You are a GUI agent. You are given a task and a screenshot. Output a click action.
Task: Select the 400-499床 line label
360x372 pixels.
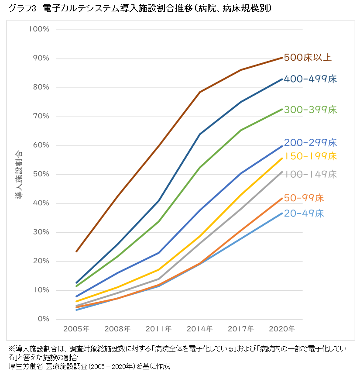pos(310,79)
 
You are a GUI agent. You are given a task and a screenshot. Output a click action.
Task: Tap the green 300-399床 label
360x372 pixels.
pos(310,110)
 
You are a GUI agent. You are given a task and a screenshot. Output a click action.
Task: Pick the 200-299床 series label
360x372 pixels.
pos(310,143)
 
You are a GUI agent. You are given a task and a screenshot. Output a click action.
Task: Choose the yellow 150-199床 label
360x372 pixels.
pos(310,156)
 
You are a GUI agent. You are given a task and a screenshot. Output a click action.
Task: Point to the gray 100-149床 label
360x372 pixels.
pos(310,174)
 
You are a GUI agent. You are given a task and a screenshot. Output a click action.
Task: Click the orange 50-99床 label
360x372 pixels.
pos(304,198)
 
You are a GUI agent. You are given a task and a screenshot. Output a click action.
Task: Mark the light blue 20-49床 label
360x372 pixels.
pos(304,214)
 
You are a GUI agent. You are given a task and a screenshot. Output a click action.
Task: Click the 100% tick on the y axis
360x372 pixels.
pos(39,29)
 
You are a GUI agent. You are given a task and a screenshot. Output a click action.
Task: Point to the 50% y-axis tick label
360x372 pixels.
pos(41,174)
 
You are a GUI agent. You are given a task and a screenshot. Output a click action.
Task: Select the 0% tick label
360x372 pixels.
pos(43,319)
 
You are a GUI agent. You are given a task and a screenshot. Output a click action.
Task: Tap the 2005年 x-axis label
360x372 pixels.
pos(76,329)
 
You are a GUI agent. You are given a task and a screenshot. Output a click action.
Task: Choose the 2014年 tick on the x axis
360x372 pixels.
pos(200,329)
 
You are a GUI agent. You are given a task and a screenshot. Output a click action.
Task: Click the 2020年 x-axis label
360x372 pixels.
pos(282,329)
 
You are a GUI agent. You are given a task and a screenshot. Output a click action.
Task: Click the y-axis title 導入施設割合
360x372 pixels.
pos(19,175)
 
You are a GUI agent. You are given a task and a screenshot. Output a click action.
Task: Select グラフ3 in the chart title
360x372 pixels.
pos(21,9)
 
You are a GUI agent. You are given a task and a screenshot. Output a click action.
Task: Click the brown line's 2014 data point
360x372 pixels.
pos(200,92)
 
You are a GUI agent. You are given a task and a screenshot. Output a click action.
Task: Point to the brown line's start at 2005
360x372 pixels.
pos(76,251)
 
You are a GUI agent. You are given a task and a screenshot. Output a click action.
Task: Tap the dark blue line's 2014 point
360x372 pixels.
pos(200,134)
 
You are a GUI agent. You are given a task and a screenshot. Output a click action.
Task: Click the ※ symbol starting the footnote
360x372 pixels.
pos(11,349)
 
